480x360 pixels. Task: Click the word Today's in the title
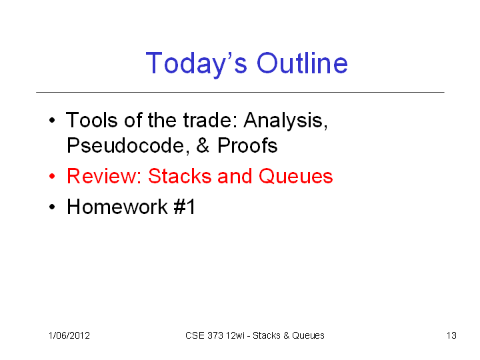196,64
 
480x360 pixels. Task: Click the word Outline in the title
302,63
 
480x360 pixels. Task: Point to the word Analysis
285,121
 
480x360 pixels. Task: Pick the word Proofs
247,145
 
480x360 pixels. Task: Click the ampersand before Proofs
203,145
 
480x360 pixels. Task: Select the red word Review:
104,176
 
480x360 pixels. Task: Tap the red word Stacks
180,176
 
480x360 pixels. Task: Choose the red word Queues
296,176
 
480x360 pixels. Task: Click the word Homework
117,207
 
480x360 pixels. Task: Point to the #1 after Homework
184,207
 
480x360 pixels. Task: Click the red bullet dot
52,176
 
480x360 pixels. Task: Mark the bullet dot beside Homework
52,207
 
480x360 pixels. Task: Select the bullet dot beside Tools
52,120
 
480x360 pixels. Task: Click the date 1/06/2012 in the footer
69,336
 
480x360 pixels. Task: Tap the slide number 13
451,336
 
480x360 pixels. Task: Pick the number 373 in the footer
215,336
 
